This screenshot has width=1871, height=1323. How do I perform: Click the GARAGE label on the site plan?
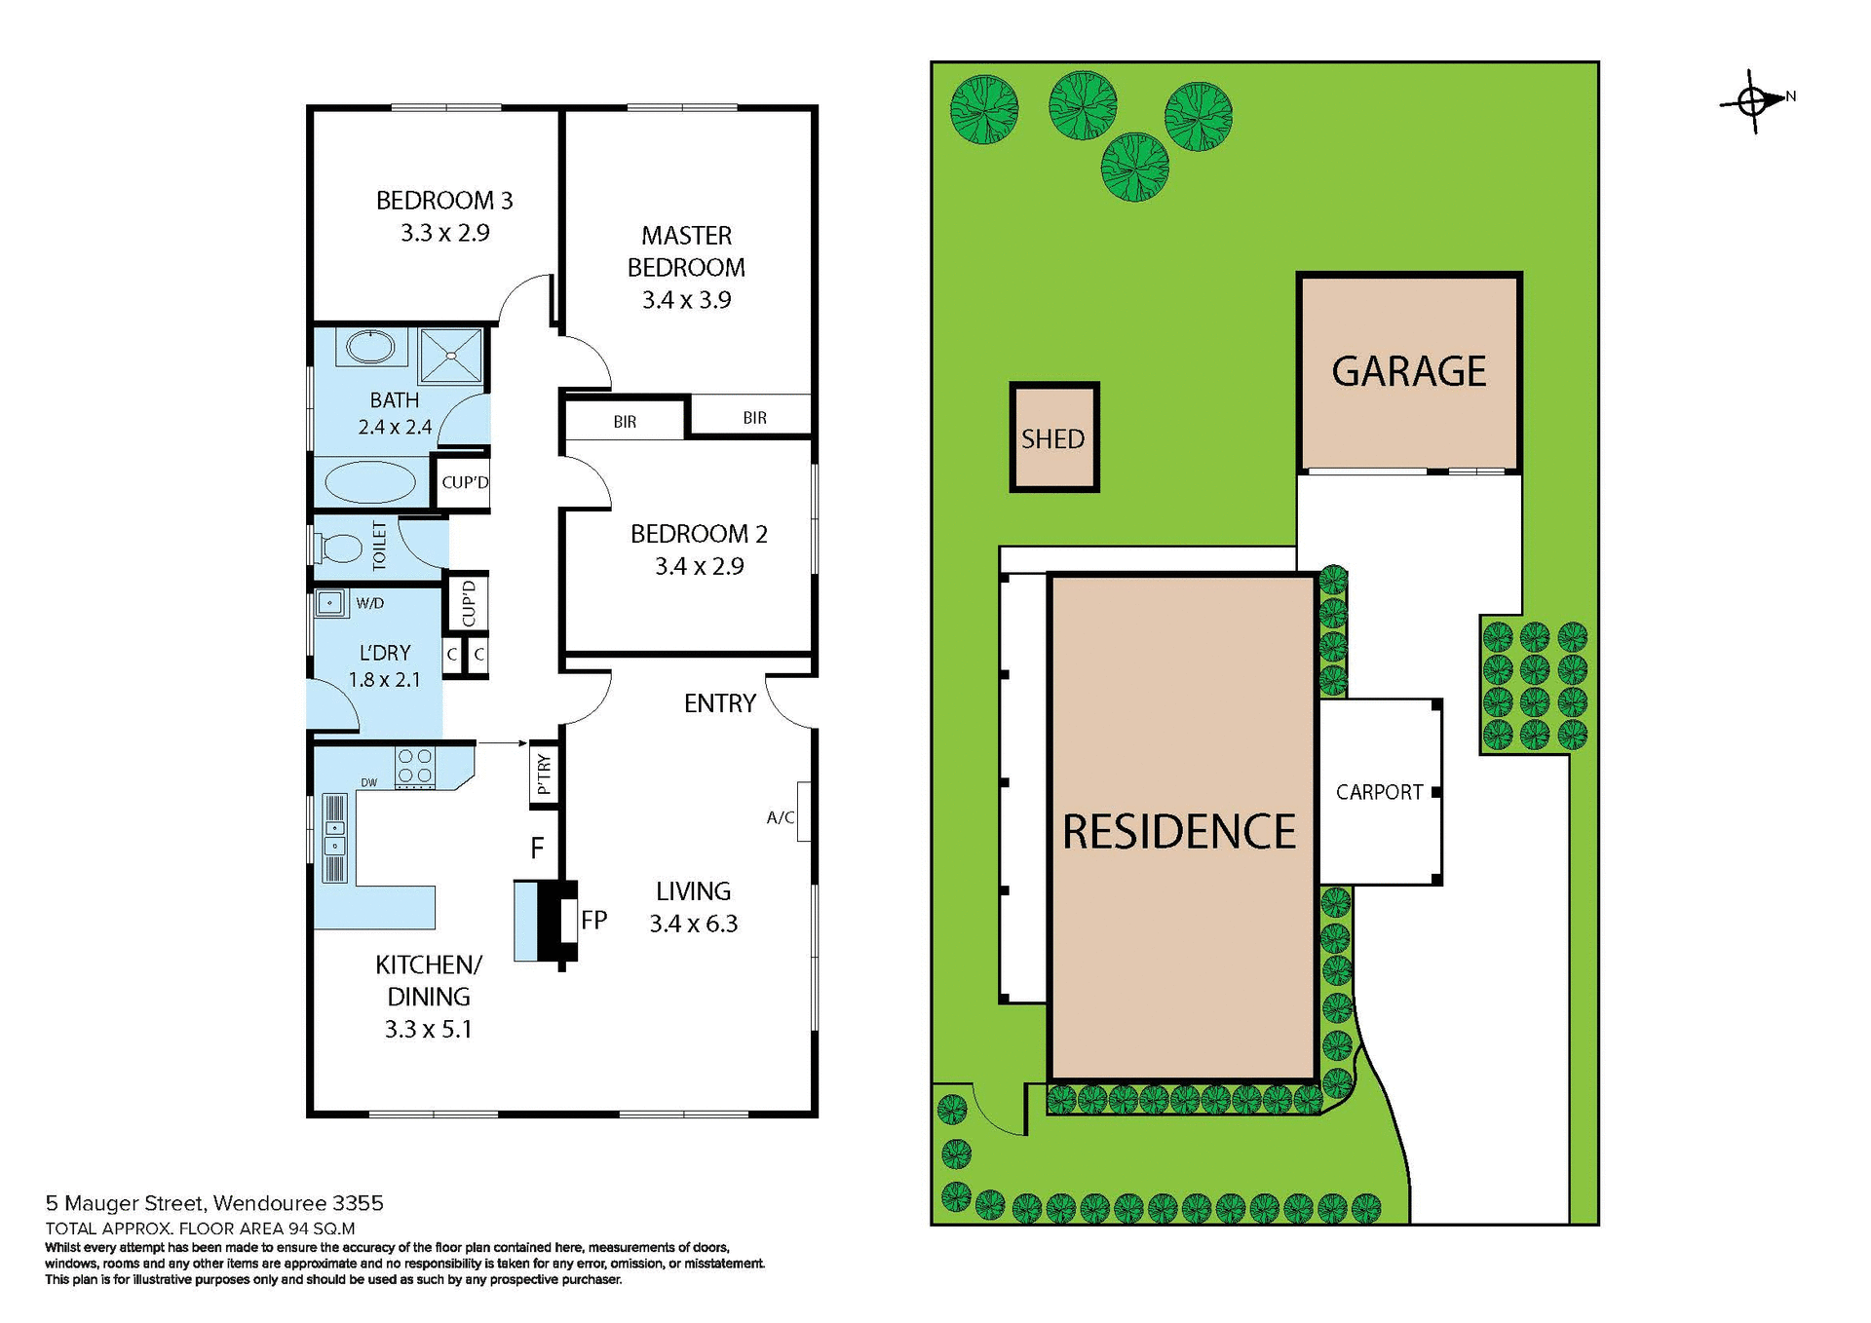pos(1408,371)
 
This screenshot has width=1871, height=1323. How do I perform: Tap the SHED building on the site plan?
pos(1053,437)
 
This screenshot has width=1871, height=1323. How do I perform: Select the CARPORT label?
pos(1379,792)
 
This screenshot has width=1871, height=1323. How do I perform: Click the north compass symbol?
pos(1753,99)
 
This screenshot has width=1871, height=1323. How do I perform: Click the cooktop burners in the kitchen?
pos(415,766)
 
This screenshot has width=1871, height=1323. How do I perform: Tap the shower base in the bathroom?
pos(450,356)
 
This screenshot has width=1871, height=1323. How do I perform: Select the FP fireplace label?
pos(594,920)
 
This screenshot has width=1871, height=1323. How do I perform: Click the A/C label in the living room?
pos(780,817)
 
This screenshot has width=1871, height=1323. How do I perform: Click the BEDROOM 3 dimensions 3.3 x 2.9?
pos(445,233)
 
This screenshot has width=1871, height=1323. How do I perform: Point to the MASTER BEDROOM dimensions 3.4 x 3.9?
pos(686,300)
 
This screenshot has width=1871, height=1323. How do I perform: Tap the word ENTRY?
pos(719,703)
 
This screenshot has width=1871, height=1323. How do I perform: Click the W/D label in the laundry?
pos(369,603)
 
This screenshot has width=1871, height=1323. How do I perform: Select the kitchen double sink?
pos(334,837)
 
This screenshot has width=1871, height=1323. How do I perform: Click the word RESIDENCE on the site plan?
pos(1179,831)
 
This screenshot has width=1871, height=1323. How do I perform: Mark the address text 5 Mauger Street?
pos(126,1203)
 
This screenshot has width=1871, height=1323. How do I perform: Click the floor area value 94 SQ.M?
pos(322,1228)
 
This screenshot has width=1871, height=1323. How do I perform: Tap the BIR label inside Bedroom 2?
pos(625,422)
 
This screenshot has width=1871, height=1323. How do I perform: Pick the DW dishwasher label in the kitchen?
pos(369,782)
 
